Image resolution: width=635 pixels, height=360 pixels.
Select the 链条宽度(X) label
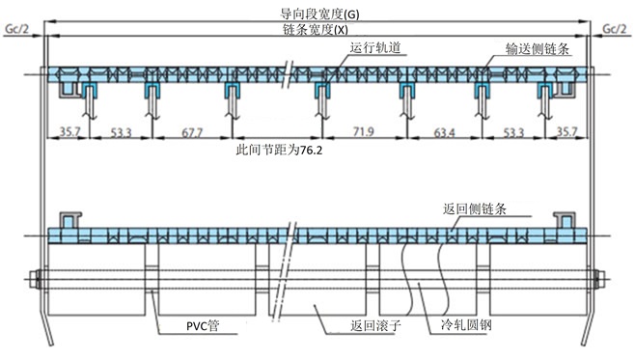317,29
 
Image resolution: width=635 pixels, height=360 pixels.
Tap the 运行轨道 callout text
374,47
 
